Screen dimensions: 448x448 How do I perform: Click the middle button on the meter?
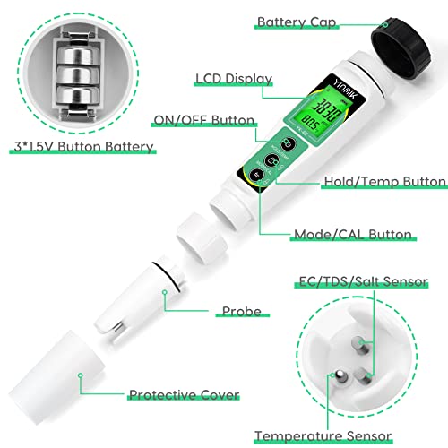click(x=271, y=161)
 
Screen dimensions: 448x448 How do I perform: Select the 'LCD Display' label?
click(x=233, y=79)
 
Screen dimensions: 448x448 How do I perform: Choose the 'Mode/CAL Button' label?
click(x=353, y=235)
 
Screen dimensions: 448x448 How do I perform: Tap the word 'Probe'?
click(x=241, y=312)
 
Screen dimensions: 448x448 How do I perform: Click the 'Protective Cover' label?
click(x=183, y=394)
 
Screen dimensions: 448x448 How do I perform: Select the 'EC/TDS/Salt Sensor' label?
click(x=350, y=282)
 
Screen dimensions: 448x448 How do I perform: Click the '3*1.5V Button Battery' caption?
click(x=81, y=146)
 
